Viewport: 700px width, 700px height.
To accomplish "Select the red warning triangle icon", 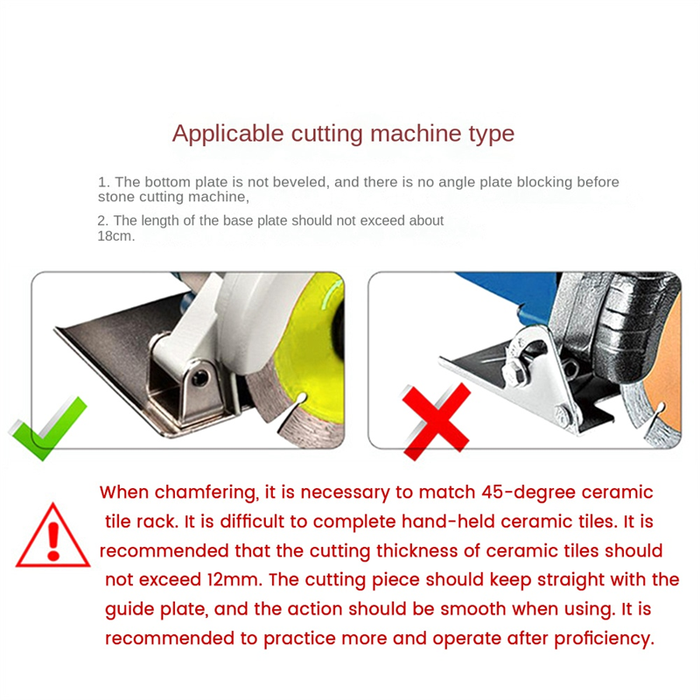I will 52,535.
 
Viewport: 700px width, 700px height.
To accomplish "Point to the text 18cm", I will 115,236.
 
